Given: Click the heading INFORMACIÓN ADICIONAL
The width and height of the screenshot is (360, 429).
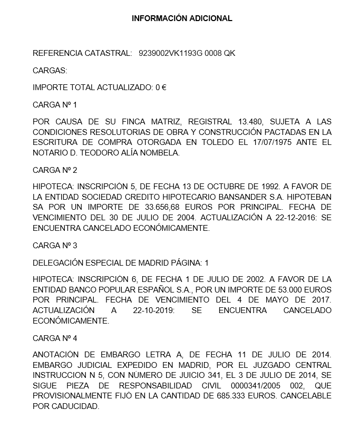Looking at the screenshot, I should [x=182, y=18].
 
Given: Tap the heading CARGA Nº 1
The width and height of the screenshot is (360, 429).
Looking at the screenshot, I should [x=55, y=105].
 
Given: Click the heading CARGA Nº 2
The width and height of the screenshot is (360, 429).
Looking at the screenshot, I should [x=55, y=170].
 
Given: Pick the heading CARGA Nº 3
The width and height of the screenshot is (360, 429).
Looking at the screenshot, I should [x=55, y=245].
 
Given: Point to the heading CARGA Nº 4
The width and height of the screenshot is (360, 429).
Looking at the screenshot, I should [x=55, y=338].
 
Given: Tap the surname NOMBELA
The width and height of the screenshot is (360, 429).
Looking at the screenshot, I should [x=158, y=153].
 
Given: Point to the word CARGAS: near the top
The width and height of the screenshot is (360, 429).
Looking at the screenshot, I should [x=50, y=70].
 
